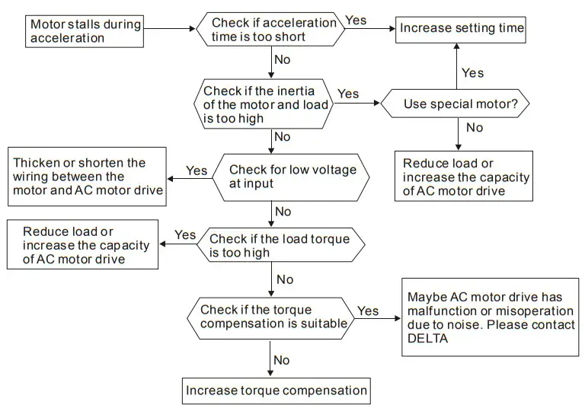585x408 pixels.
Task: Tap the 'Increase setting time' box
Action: [x=462, y=28]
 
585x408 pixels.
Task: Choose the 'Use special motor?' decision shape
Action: [x=455, y=103]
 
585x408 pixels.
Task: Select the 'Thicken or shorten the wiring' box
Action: [x=87, y=177]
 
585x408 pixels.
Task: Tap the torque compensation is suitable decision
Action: [x=270, y=317]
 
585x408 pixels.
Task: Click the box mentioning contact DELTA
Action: [x=490, y=317]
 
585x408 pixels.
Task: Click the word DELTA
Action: [x=427, y=338]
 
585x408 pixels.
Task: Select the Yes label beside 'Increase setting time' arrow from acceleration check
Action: [x=356, y=21]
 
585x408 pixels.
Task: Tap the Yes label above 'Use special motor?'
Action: [x=472, y=73]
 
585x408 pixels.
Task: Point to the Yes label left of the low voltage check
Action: [x=197, y=171]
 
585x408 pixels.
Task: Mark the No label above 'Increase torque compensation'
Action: [x=282, y=359]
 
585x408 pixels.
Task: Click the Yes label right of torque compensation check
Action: [x=368, y=311]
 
